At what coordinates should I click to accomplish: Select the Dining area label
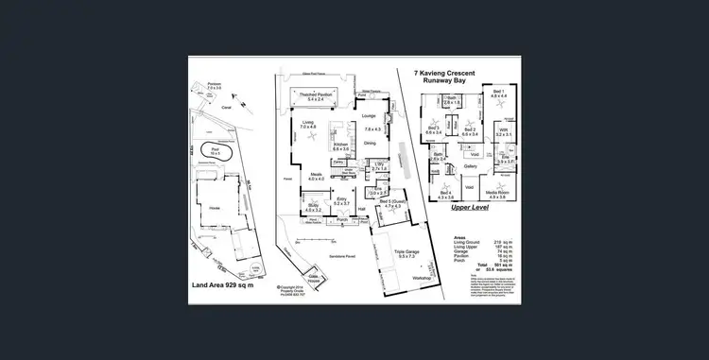coord(370,143)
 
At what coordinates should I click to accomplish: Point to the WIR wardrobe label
coord(504,131)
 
